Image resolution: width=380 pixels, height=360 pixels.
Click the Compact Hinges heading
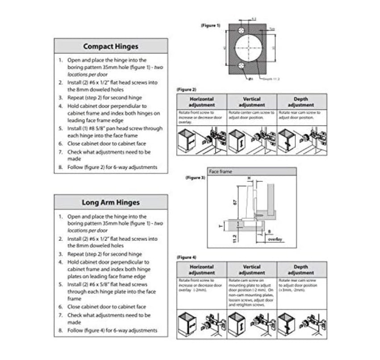click(x=111, y=46)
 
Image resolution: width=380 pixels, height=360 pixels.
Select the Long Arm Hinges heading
click(x=111, y=202)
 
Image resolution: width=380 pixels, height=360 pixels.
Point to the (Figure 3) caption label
click(x=195, y=177)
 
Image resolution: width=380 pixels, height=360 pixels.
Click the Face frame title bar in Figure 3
click(x=252, y=172)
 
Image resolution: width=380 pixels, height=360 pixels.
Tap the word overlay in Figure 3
click(x=275, y=239)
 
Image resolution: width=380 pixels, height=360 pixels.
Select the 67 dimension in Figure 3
click(x=234, y=202)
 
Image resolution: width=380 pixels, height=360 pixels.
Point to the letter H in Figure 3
click(x=249, y=178)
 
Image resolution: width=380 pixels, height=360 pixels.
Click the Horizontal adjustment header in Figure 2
click(x=202, y=102)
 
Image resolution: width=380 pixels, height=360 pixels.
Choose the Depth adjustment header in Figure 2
click(x=301, y=102)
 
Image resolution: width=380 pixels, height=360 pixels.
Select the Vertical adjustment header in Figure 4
click(x=252, y=270)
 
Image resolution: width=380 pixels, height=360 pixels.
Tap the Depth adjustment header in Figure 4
click(x=301, y=270)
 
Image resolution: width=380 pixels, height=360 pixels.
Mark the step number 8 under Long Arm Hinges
click(x=60, y=331)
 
